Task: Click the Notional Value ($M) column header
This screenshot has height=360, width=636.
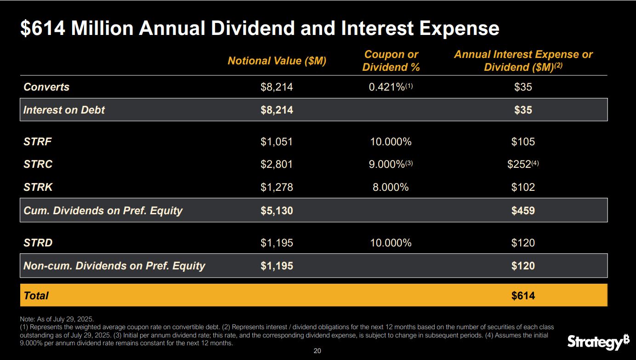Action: [x=277, y=61]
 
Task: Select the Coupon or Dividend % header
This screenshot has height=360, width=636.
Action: [x=391, y=61]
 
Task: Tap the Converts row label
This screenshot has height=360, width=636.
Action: [x=46, y=87]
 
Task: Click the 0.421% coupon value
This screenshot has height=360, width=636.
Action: [x=386, y=87]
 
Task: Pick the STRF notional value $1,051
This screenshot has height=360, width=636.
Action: [x=277, y=142]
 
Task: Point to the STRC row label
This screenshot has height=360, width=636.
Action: [x=38, y=164]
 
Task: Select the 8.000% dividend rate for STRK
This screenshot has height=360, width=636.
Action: [x=390, y=187]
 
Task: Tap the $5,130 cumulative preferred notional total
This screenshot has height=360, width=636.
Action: [x=277, y=211]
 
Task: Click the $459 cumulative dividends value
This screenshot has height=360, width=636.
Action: [x=523, y=211]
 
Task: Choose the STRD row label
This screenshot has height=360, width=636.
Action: [x=38, y=243]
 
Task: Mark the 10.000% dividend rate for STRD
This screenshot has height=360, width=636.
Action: [x=391, y=243]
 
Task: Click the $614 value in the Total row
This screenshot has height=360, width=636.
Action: [x=523, y=296]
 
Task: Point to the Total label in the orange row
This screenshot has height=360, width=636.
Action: [x=36, y=296]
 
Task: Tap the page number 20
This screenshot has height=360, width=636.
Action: [x=317, y=351]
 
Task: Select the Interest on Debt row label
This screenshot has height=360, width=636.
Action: [x=64, y=110]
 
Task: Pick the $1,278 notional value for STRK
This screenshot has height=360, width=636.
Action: [x=277, y=187]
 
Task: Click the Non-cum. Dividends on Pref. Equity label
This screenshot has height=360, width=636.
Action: [x=114, y=266]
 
